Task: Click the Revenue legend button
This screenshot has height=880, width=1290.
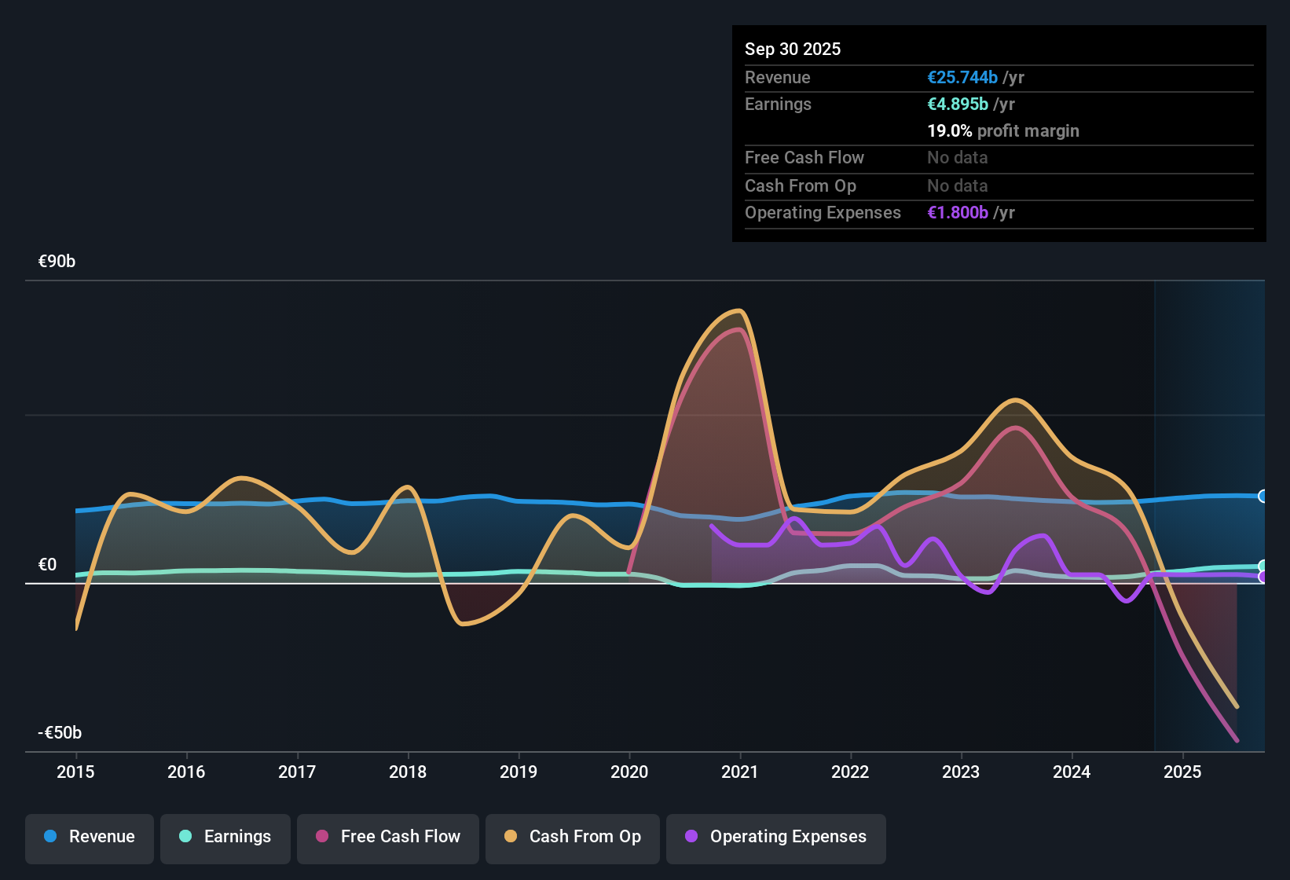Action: point(90,837)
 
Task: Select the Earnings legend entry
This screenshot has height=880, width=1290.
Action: point(225,837)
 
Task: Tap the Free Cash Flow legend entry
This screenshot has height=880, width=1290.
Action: point(388,837)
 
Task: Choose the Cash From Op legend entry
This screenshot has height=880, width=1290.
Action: point(573,837)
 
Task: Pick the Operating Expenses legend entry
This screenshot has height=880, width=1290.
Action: point(776,837)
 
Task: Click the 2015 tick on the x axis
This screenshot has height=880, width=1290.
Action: point(75,772)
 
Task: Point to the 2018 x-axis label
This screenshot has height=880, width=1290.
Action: point(408,772)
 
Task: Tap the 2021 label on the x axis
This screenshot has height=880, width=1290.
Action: point(739,772)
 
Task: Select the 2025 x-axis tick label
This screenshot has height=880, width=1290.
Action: point(1182,772)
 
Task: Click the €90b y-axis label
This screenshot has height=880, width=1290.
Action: point(57,262)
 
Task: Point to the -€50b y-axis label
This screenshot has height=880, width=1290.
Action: point(60,733)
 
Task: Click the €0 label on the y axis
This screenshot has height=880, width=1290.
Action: point(47,565)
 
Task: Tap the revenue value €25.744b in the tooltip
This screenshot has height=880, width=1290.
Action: point(962,78)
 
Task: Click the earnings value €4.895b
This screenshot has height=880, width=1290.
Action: point(958,104)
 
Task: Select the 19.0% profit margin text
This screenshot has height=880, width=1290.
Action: point(1002,131)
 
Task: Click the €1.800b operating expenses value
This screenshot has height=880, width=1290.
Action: point(958,213)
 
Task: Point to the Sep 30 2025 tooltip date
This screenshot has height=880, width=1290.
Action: point(792,49)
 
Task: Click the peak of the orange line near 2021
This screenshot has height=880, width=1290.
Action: point(738,311)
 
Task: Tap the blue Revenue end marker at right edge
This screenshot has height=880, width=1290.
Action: point(1263,497)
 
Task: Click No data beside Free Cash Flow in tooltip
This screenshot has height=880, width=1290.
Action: point(957,158)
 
